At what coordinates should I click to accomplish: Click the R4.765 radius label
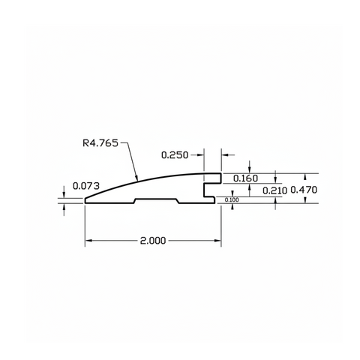[x=100, y=143]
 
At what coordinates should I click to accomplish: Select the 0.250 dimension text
[x=175, y=155]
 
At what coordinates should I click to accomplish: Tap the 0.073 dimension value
[x=86, y=186]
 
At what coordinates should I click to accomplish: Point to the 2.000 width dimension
[x=153, y=241]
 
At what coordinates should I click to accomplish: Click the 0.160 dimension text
[x=245, y=178]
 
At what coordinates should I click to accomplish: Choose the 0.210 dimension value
[x=274, y=190]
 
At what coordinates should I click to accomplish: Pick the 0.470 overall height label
[x=304, y=190]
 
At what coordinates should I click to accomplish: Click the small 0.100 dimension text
[x=232, y=199]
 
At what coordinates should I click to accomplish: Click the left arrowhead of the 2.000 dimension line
[x=88, y=241]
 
